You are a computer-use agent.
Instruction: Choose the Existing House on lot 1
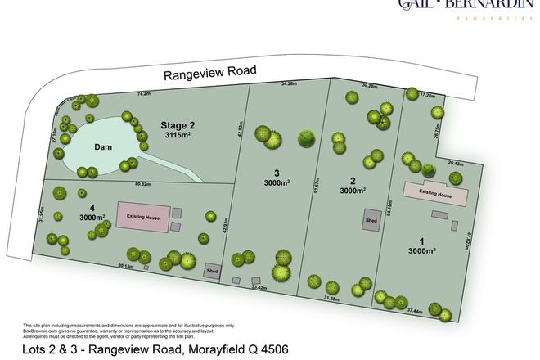pos(436,193)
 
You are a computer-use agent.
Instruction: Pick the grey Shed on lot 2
pos(371,220)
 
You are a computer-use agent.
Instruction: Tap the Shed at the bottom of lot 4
pos(212,271)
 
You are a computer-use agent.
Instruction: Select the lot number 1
pos(423,241)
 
